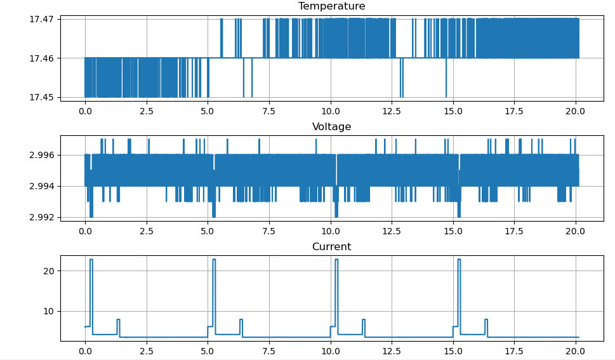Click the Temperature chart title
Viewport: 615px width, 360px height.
coord(331,6)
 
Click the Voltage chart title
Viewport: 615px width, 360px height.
coord(331,127)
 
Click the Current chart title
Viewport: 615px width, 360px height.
coord(331,247)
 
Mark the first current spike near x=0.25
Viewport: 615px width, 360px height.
coord(91,260)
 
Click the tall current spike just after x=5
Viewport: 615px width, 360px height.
coord(214,260)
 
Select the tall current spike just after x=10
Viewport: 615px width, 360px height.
coord(336,260)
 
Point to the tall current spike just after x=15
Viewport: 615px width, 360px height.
coord(459,260)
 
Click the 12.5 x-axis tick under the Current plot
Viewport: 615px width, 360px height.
coord(392,350)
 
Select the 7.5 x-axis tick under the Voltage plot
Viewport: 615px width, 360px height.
coord(269,230)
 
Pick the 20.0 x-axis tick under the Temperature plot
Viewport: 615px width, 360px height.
coord(576,110)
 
